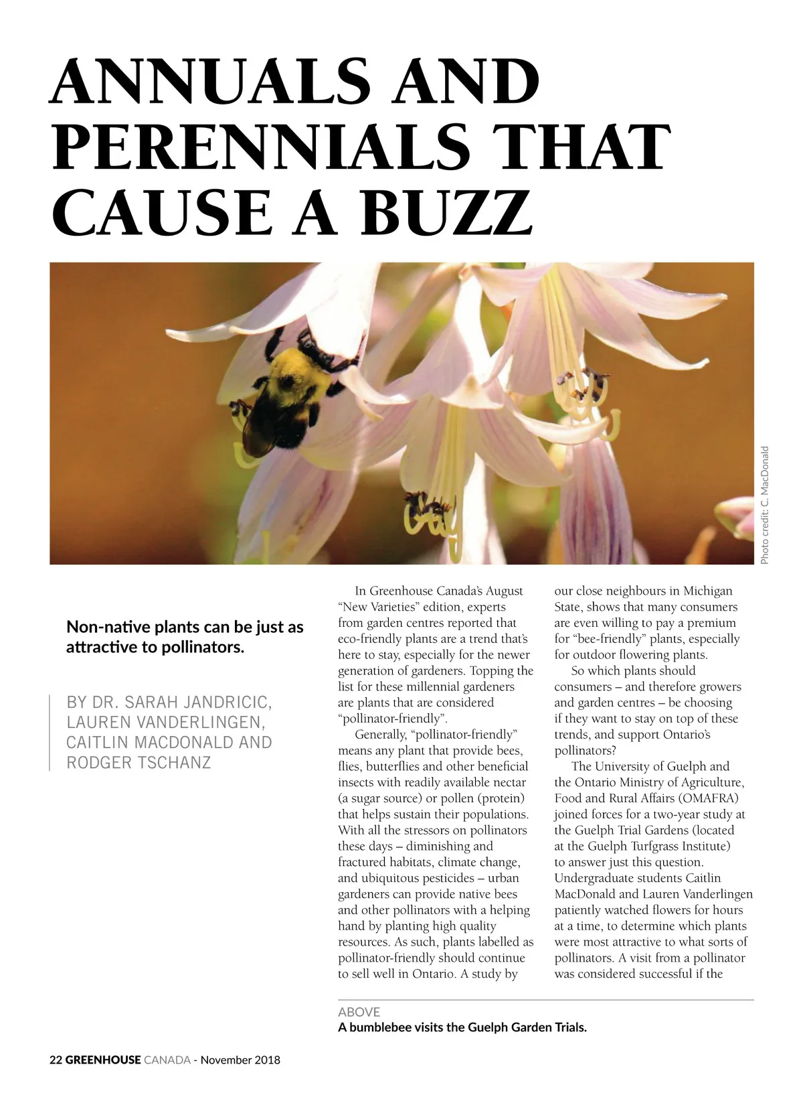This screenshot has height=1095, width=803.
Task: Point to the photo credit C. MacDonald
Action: point(765,505)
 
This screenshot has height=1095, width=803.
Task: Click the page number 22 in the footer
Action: point(56,1060)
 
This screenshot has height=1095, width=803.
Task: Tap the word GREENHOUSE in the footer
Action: point(103,1060)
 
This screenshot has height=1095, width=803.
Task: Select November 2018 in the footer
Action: point(240,1060)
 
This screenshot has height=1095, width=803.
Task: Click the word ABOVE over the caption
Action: point(359,1012)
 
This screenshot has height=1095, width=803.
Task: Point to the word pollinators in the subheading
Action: point(203,648)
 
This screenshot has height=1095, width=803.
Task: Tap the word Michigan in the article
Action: point(707,591)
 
